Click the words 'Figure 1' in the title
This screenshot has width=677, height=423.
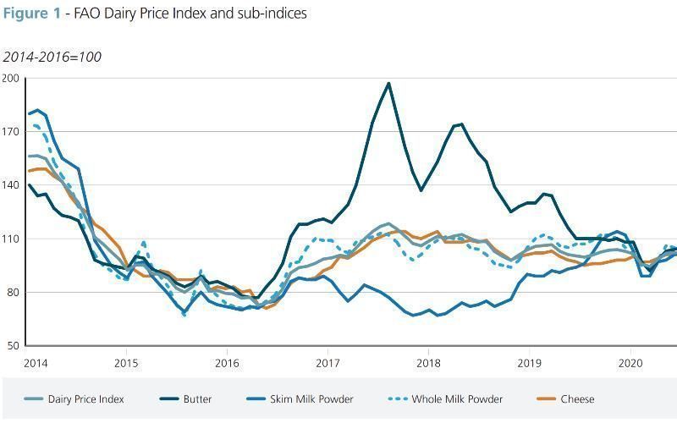[x=30, y=14]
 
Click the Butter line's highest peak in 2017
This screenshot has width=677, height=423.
[x=388, y=83]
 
